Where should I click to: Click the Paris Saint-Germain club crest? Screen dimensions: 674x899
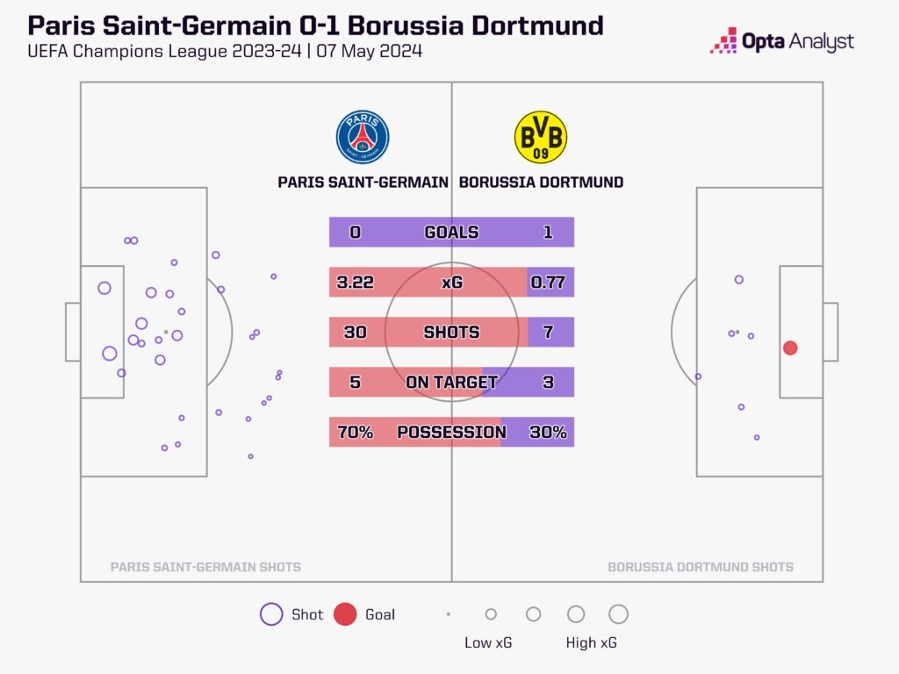[363, 137]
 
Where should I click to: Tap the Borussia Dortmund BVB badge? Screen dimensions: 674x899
[540, 137]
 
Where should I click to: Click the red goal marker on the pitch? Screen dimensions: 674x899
[790, 348]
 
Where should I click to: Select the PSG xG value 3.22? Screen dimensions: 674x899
[355, 283]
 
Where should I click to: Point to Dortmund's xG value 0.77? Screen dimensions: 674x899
[548, 283]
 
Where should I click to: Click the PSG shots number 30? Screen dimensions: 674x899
[355, 333]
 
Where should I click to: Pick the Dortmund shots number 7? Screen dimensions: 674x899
[549, 333]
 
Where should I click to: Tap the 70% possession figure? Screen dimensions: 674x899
[355, 433]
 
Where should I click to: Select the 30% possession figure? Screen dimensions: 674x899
[548, 433]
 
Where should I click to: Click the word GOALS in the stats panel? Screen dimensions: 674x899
[451, 233]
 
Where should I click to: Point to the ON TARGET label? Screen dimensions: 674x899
[451, 383]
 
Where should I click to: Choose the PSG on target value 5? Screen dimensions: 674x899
[355, 383]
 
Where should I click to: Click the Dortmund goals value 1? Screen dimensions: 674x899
[549, 233]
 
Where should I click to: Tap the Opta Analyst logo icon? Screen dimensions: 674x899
[723, 41]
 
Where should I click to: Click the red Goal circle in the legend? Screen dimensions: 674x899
[345, 614]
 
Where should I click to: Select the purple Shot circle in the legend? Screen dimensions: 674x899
[271, 614]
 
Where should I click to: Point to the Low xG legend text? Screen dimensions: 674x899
[488, 643]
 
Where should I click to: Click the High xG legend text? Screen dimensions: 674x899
[591, 643]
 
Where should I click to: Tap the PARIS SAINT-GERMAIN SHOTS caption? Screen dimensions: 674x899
[205, 567]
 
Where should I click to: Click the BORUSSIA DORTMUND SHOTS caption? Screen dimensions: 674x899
[701, 567]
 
